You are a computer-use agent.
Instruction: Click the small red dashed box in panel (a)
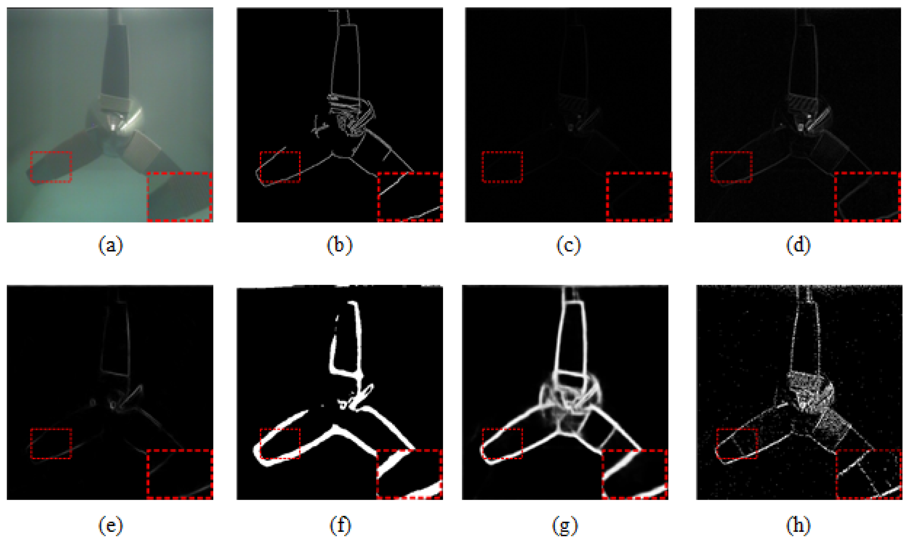51,166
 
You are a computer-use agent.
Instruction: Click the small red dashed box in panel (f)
280,443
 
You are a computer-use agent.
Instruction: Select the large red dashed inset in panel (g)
635,474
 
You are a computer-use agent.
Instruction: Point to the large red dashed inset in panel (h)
869,474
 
